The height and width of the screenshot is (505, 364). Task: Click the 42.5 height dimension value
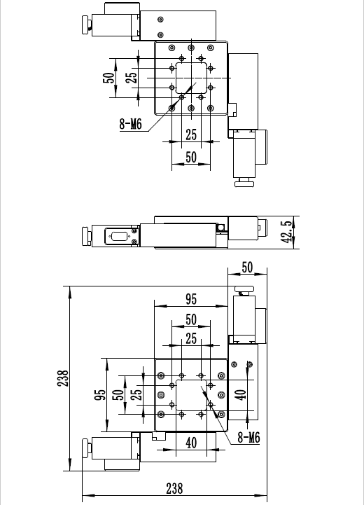point(287,232)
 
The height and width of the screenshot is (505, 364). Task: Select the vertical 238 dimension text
point(63,378)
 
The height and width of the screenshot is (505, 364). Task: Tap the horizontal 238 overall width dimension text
point(174,489)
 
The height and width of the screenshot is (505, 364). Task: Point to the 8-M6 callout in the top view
point(130,124)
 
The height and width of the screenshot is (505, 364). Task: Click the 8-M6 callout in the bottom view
point(248,437)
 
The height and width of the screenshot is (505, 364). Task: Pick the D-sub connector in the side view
point(120,237)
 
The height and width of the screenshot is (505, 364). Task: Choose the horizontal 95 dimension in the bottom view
point(191,299)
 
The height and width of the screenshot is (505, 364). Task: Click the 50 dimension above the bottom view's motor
point(247,268)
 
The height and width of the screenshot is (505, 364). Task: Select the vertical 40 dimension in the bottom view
point(240,395)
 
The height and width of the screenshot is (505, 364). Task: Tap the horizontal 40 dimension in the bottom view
point(191,443)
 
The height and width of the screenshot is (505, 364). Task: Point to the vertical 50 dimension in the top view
point(108,78)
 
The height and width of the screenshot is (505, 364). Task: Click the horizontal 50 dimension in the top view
point(191,157)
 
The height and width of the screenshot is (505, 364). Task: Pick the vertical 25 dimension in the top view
point(132,78)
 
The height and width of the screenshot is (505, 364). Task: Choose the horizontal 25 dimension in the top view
point(191,134)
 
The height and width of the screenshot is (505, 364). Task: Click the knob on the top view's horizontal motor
point(87,25)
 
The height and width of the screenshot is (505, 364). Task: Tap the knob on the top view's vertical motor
point(244,183)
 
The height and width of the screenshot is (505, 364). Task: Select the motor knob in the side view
point(86,237)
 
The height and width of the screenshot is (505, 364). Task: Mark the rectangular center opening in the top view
point(191,78)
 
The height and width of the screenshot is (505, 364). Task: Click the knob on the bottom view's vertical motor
point(244,290)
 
